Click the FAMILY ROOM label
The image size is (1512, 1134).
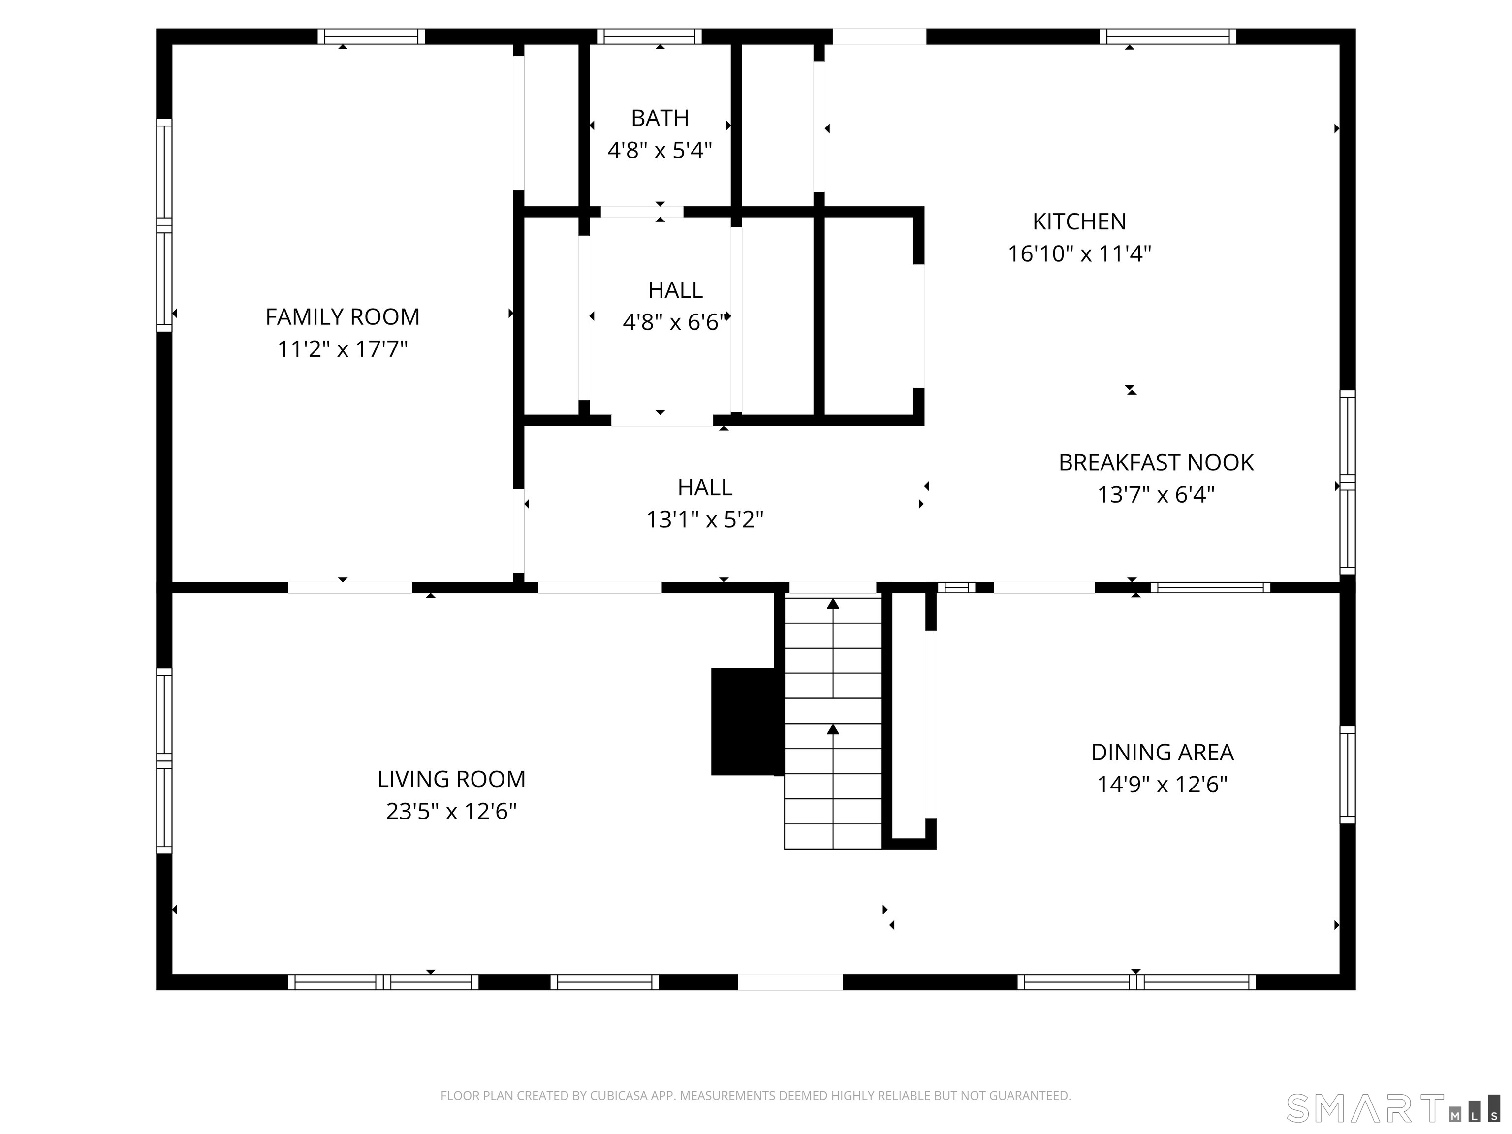pyautogui.click(x=343, y=317)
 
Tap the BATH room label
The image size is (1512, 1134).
pyautogui.click(x=660, y=118)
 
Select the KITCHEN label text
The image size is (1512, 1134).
pyautogui.click(x=1079, y=221)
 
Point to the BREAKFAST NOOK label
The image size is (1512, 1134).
pyautogui.click(x=1156, y=463)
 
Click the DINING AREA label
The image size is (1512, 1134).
pyautogui.click(x=1162, y=753)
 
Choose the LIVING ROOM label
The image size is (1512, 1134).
pyautogui.click(x=451, y=779)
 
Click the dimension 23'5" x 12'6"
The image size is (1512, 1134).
pyautogui.click(x=451, y=811)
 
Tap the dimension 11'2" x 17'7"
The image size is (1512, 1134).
pyautogui.click(x=343, y=349)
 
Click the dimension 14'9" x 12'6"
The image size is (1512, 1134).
pyautogui.click(x=1162, y=784)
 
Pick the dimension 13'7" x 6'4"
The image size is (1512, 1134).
pyautogui.click(x=1156, y=494)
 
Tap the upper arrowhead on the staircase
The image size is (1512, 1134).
pyautogui.click(x=833, y=603)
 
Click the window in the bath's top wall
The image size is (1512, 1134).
pyautogui.click(x=649, y=36)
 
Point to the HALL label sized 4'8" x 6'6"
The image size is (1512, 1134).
pyautogui.click(x=675, y=290)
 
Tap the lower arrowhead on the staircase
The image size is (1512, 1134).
pyautogui.click(x=833, y=730)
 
